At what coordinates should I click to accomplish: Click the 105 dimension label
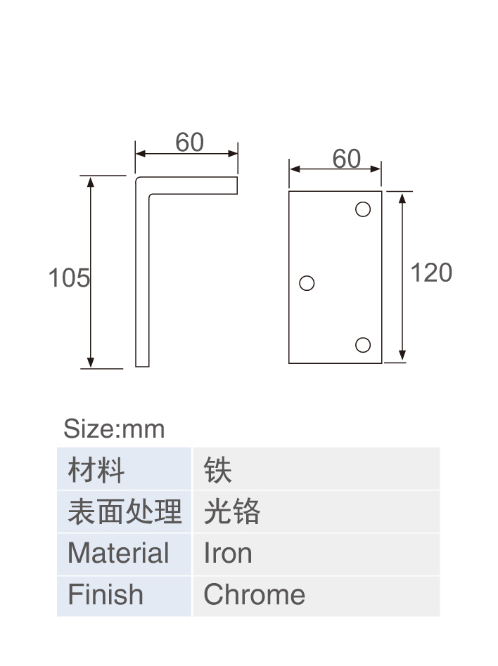[x=69, y=277]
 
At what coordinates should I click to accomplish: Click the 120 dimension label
[x=431, y=273]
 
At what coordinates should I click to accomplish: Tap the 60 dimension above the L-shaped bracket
[x=190, y=142]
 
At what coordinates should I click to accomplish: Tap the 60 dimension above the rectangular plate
[x=347, y=159]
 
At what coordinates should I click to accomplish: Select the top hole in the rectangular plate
[x=363, y=209]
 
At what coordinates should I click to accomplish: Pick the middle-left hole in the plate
[x=307, y=283]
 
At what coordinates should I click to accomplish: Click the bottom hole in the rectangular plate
[x=363, y=345]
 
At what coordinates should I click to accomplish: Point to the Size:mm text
[x=114, y=429]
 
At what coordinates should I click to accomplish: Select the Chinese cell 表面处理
[x=124, y=512]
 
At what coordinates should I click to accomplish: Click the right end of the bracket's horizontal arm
[x=237, y=185]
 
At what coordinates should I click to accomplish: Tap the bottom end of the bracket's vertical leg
[x=143, y=366]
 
